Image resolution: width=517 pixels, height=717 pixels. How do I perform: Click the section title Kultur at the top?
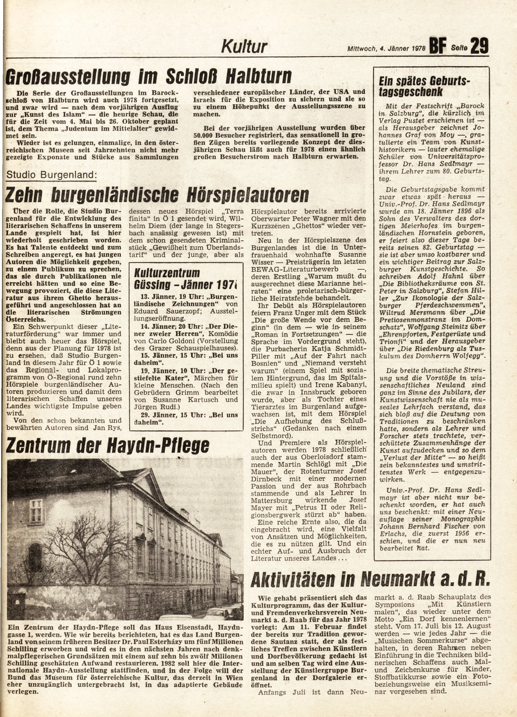pos(244,47)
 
